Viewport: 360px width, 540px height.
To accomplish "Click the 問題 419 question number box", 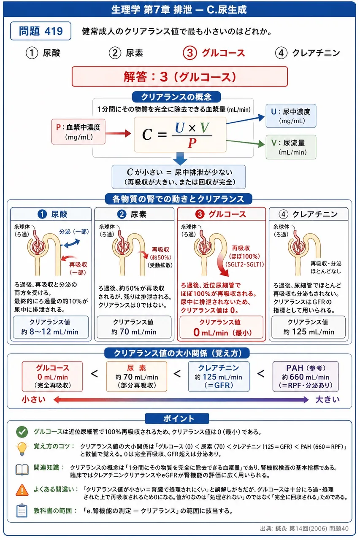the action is (41, 31).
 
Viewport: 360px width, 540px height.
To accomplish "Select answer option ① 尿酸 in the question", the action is (43, 53).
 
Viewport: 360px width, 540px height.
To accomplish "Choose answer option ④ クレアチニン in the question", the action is (308, 53).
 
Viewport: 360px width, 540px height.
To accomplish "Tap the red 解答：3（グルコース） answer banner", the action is (180, 77).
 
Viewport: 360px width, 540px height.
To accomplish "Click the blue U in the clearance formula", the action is (180, 127).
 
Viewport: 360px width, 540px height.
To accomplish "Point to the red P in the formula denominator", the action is (192, 143).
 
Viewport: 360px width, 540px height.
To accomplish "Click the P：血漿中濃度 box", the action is (78, 132).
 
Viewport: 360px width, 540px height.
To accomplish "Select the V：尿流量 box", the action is (291, 147).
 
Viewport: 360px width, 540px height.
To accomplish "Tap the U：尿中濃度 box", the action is (291, 116).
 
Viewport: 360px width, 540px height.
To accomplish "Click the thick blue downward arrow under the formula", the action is (180, 158).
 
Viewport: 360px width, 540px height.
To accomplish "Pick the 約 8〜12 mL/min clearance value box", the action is (51, 327).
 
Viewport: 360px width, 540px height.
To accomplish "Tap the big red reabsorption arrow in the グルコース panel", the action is (223, 264).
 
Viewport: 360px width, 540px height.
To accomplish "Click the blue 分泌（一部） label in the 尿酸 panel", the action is (74, 232).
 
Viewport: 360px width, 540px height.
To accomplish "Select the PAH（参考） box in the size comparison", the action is (306, 376).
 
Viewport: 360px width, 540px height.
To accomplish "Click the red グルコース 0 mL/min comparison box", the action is (52, 376).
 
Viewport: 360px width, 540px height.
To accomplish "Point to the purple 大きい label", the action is (328, 400).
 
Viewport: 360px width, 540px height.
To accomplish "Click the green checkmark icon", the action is (22, 432).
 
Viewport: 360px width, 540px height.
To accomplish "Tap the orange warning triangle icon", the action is (22, 490).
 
